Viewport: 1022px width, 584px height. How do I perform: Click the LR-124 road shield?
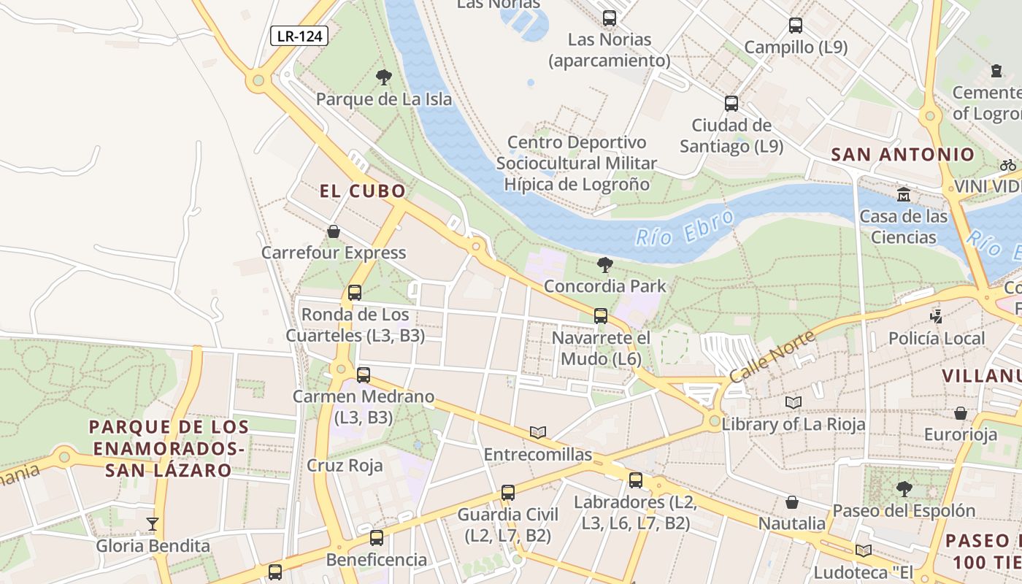pos(299,36)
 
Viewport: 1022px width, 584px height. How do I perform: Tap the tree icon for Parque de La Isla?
pos(383,77)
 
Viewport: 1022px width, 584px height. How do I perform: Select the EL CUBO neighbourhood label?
pos(363,191)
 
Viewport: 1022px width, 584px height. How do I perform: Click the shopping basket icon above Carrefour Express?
pos(334,231)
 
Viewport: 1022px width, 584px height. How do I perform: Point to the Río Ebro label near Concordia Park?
pos(684,228)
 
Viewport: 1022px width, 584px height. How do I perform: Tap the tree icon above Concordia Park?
pos(604,264)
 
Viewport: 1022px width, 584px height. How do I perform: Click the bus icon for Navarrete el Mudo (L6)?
pos(601,316)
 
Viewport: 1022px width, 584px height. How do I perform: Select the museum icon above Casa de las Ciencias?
pos(904,194)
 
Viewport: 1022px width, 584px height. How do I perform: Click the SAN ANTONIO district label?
pos(903,155)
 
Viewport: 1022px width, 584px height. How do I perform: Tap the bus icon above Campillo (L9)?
pos(796,26)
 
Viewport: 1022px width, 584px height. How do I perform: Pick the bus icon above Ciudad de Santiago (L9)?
pos(731,104)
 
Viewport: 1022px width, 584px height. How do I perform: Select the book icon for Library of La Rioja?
pos(794,402)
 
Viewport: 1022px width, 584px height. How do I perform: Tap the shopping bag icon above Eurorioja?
pos(961,413)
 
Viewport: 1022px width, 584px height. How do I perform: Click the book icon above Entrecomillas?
pos(538,432)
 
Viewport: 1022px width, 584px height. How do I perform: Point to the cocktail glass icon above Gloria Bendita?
pos(152,523)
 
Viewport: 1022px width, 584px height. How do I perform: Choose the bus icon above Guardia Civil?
pos(508,493)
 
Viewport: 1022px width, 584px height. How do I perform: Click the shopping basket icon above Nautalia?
pos(792,502)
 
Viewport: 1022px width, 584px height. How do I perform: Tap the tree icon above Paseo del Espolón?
pos(904,488)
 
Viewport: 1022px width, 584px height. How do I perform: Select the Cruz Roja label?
pos(345,466)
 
